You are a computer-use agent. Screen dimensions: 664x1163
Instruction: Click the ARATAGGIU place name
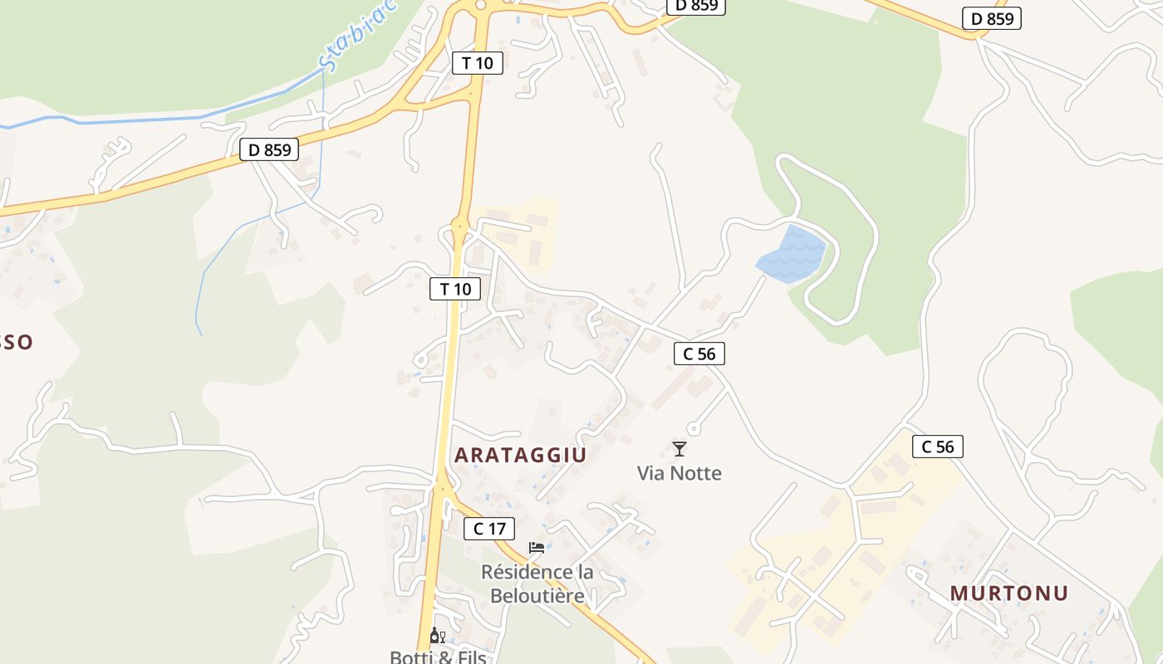(520, 455)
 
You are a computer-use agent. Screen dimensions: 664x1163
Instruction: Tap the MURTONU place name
(1008, 593)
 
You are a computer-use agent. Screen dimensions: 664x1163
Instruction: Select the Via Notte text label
(680, 473)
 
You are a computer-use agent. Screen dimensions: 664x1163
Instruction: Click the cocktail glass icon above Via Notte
(680, 449)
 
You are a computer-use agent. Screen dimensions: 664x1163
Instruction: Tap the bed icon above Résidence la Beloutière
(537, 548)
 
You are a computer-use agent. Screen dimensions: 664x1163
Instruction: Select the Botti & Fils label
(438, 657)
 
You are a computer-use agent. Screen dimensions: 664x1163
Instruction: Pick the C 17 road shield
(489, 528)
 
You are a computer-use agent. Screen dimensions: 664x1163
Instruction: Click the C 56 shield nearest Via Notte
(699, 354)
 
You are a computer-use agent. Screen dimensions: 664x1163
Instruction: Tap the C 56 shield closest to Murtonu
(938, 447)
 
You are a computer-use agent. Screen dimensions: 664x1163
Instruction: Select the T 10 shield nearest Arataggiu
(455, 289)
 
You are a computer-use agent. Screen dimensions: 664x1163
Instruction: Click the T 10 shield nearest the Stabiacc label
(478, 62)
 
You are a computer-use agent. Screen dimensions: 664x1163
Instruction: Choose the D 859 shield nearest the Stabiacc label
(269, 149)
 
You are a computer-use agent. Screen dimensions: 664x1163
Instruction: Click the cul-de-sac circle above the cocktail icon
(693, 429)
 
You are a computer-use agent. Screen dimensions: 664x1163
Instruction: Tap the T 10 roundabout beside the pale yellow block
(459, 224)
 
